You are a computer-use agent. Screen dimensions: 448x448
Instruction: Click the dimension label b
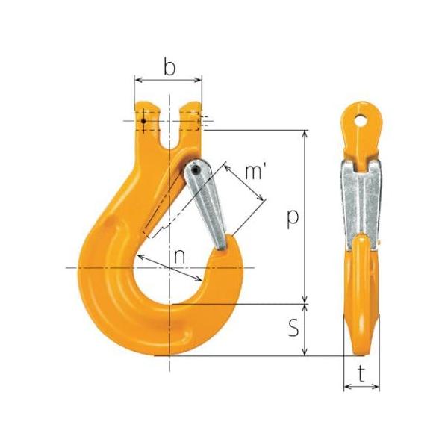169,67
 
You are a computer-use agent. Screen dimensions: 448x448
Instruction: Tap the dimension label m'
255,172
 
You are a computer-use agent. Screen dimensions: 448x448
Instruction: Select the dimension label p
293,219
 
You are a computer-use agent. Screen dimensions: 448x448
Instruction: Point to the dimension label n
179,256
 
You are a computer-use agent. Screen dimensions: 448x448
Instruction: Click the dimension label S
293,328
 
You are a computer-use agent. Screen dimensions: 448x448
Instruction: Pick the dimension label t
361,375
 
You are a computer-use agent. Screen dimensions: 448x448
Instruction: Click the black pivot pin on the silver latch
196,170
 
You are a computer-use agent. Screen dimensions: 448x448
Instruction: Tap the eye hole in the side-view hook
361,121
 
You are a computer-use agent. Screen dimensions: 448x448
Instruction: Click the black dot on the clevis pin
143,121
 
